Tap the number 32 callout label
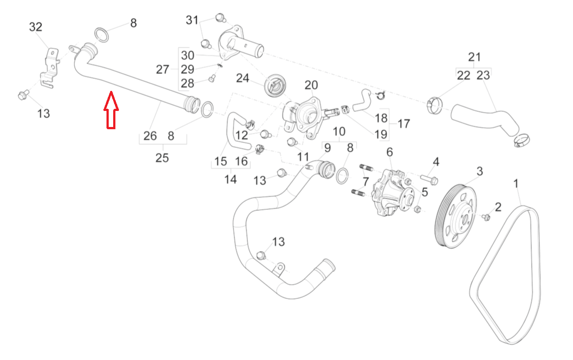tap(36, 27)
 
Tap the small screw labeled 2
tap(486, 217)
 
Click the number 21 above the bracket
tap(475, 57)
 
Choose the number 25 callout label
tap(162, 157)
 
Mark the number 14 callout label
tap(230, 180)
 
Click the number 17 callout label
tap(404, 123)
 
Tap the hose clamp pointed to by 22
tap(435, 105)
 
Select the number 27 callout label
tap(163, 70)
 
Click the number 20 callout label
tap(311, 86)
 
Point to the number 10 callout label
tap(339, 131)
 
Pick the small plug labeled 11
tap(292, 142)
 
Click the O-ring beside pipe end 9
tap(342, 176)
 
